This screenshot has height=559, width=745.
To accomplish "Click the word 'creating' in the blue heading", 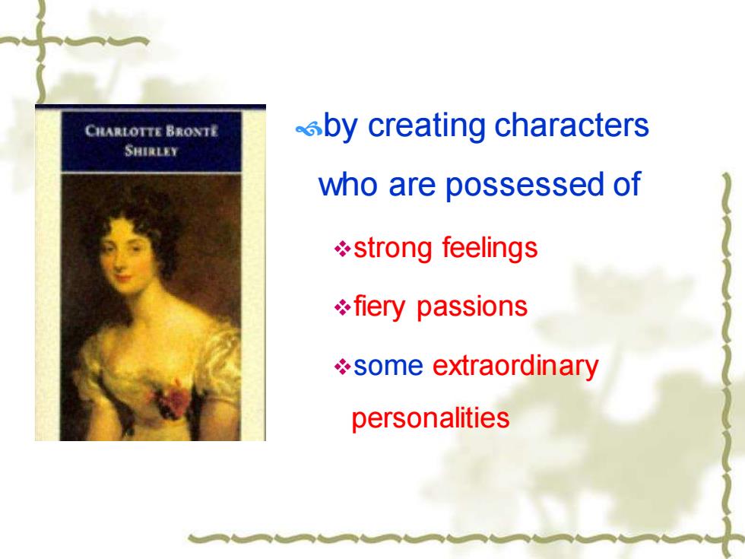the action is tap(426, 125).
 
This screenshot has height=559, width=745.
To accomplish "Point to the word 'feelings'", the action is tap(490, 248).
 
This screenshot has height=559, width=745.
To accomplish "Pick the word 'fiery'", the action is tap(379, 306).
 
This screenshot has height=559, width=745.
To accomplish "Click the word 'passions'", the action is tap(472, 306).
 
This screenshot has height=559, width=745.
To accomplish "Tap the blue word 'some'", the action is tap(388, 366).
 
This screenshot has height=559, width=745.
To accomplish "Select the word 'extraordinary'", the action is tap(515, 366).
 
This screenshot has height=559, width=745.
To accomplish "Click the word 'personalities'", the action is tap(430, 418).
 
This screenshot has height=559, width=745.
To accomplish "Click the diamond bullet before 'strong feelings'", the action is tap(343, 249).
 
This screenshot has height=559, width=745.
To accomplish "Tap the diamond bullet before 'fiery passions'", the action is tap(343, 307).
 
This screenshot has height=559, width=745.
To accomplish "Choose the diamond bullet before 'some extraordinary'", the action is tap(343, 367).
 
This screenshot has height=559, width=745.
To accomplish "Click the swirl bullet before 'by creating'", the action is tap(309, 129).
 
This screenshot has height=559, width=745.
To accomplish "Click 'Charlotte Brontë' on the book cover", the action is tap(151, 131).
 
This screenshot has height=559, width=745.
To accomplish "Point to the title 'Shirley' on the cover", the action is tap(151, 151).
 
